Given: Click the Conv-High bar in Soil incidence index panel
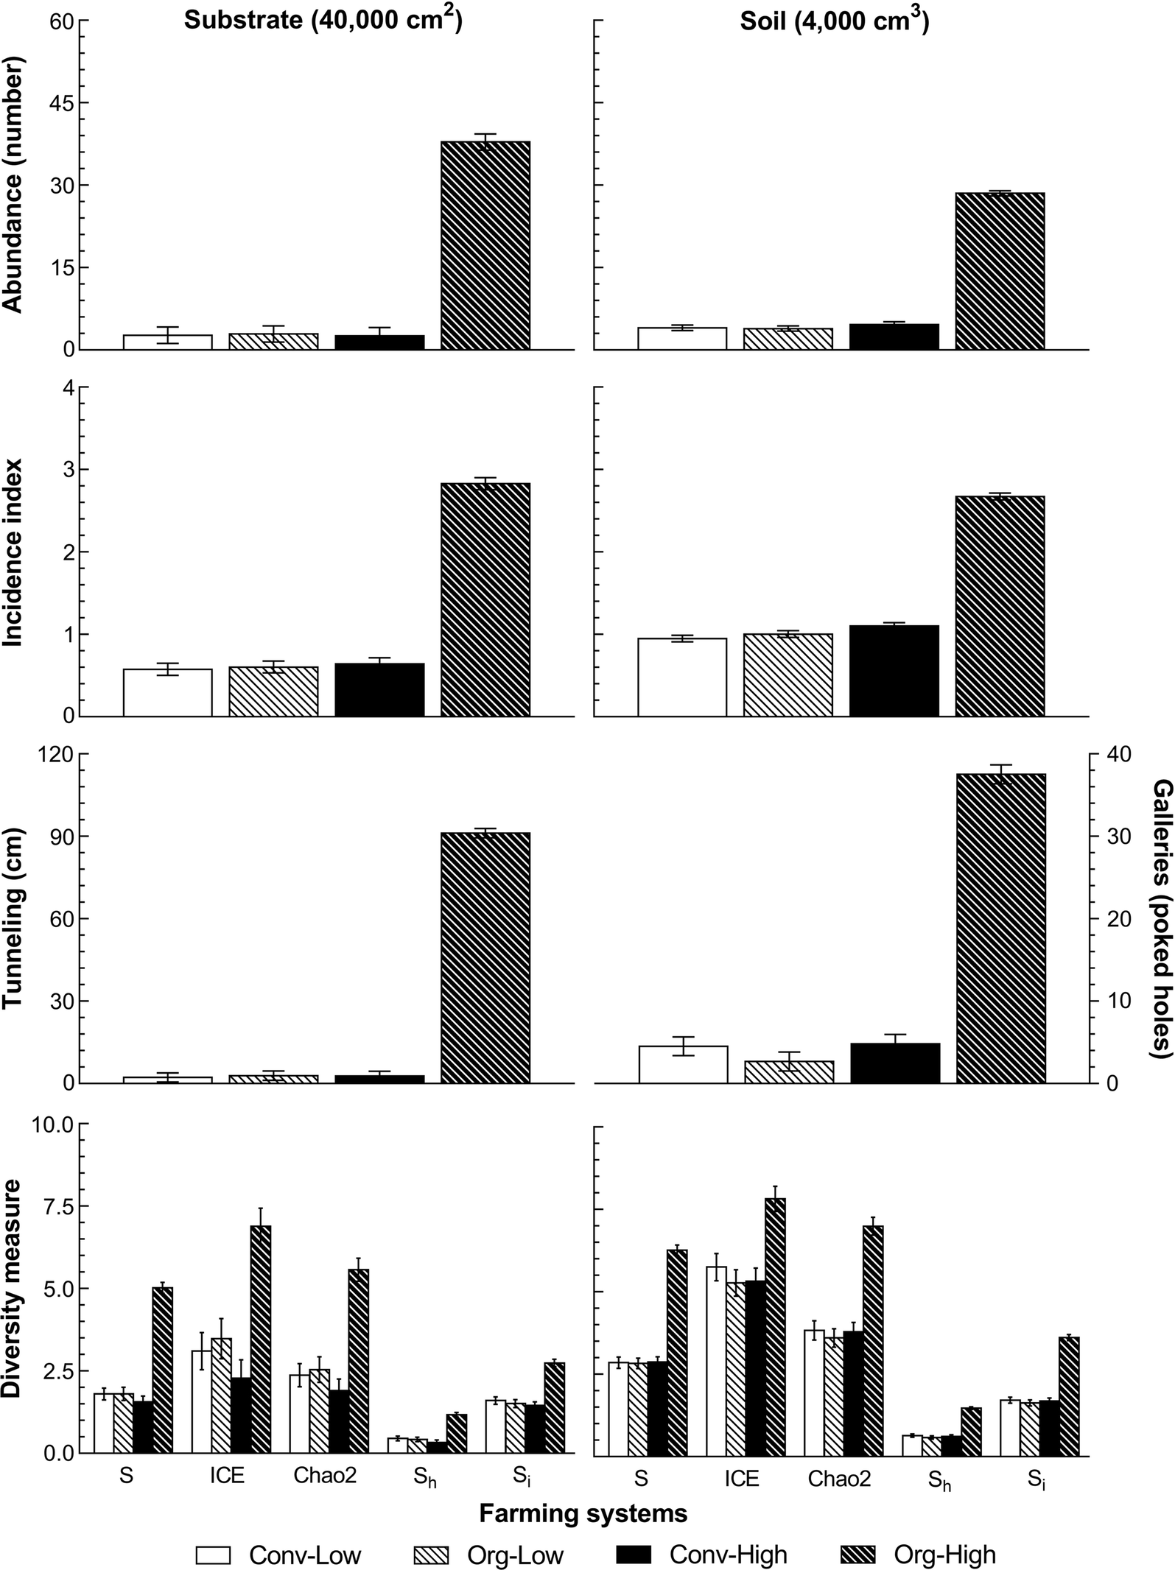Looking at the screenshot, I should [894, 671].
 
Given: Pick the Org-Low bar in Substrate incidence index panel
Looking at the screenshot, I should [273, 691].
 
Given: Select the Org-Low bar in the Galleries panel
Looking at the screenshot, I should [789, 1072].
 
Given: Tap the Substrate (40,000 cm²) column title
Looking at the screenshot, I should [323, 20].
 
